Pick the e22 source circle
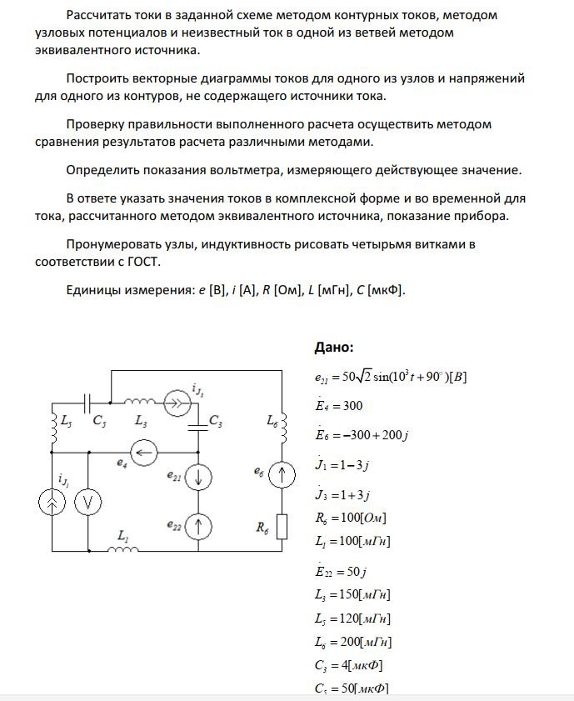pyautogui.click(x=198, y=526)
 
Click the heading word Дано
pyautogui.click(x=333, y=347)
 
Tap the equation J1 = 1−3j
pyautogui.click(x=343, y=464)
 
